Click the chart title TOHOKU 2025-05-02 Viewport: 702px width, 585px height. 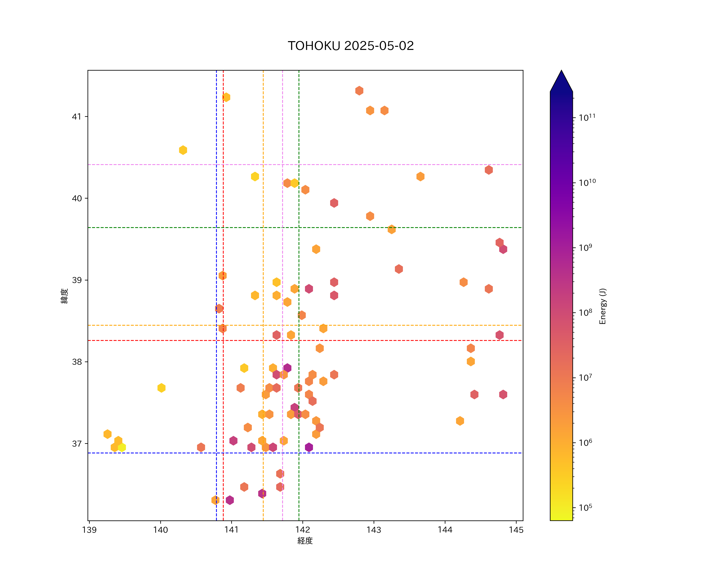pos(351,46)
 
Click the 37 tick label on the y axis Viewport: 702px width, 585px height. pos(77,444)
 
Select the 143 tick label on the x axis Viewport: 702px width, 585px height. pos(374,530)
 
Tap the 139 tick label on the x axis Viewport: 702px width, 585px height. pos(89,530)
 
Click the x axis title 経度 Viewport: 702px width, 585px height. pos(305,541)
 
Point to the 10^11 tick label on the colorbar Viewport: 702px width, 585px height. pos(587,117)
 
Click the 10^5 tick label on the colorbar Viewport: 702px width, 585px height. pos(586,507)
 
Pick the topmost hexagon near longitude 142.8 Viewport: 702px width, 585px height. pos(359,91)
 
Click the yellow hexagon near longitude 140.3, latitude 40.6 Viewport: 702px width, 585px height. pos(183,150)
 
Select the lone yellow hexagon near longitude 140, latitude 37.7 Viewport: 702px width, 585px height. pos(161,388)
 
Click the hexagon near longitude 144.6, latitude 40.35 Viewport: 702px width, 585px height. pos(489,170)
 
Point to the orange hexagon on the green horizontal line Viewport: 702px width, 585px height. pos(391,229)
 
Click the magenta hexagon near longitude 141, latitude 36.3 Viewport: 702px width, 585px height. pos(230,500)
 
